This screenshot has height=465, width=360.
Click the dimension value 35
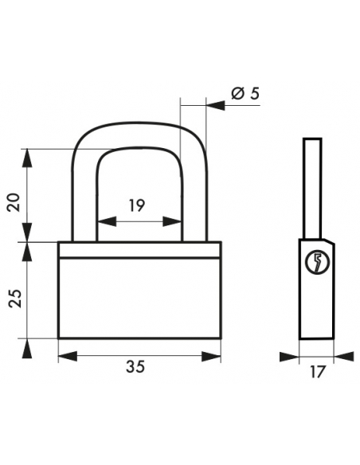click(135, 366)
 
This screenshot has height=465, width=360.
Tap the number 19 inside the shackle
click(137, 205)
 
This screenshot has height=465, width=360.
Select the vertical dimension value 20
click(14, 202)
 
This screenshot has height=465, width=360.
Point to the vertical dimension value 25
click(14, 299)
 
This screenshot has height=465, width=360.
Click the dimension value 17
click(318, 372)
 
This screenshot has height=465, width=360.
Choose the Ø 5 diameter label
click(245, 94)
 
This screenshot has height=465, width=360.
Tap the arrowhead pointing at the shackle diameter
click(216, 106)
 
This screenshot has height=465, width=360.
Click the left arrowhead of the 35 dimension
click(68, 357)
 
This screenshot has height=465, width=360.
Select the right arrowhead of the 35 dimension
click(211, 357)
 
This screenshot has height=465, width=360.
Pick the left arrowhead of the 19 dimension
click(107, 221)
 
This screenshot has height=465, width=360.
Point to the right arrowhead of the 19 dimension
click(172, 221)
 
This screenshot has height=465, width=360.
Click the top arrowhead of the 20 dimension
click(27, 158)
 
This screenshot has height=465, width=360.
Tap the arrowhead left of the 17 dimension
click(289, 357)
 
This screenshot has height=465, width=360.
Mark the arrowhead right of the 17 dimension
click(344, 357)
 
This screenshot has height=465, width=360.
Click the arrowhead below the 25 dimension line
click(27, 348)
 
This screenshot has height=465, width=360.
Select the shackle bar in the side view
click(312, 189)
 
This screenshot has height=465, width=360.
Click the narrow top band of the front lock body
click(139, 250)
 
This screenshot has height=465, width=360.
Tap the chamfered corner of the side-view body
click(329, 241)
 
